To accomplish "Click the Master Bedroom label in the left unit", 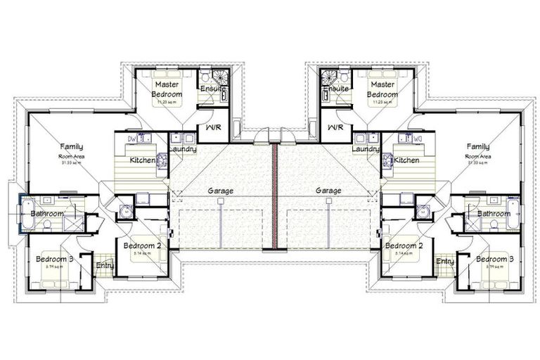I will tap(168, 89).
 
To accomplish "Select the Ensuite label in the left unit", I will tap(212, 89).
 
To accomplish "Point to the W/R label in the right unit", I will tap(335, 128).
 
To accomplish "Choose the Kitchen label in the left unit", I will tap(143, 160).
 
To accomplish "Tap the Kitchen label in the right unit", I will tap(406, 160).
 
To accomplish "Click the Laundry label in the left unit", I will tap(182, 149).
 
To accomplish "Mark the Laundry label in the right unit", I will tap(366, 149).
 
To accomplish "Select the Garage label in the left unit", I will tap(221, 191).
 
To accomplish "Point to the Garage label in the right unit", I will tap(328, 191).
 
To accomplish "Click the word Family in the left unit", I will tap(72, 146).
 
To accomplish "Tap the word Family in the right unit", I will tap(477, 146).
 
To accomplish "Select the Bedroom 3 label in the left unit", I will tap(54, 259).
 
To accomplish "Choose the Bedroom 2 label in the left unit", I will tap(143, 245).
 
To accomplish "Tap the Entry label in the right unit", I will tap(444, 262).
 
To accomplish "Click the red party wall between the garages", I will tap(275, 196).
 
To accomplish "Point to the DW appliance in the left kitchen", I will tap(131, 138).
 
